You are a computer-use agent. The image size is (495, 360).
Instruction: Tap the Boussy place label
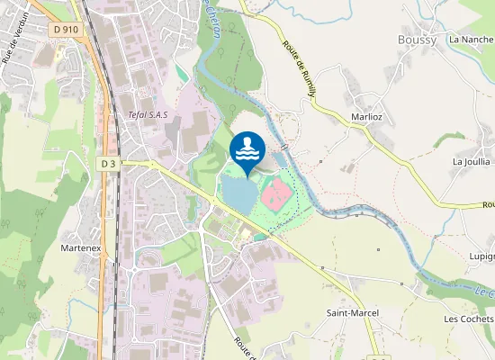tap(418, 40)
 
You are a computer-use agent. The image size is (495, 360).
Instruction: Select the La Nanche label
tap(472, 40)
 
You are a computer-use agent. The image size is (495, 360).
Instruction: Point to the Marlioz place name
tap(368, 116)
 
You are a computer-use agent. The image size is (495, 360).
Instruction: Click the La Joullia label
tap(471, 161)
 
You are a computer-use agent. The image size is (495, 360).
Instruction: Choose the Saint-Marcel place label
tap(352, 312)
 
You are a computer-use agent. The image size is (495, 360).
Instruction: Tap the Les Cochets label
tap(469, 319)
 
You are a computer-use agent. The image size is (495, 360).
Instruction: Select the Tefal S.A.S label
tap(148, 114)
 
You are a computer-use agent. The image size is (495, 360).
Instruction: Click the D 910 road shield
tap(66, 29)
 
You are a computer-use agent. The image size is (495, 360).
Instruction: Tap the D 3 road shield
tap(108, 163)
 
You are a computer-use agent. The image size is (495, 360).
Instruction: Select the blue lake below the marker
tap(238, 191)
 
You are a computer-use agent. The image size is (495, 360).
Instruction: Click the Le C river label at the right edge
tap(483, 292)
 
